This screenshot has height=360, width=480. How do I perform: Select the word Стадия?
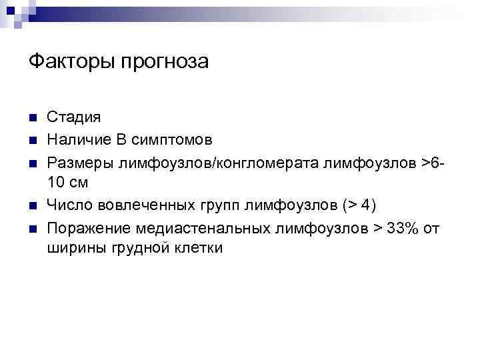74,118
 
